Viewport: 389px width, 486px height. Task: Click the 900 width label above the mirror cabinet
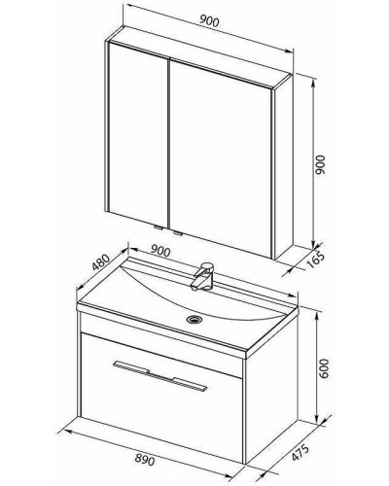[x=209, y=21]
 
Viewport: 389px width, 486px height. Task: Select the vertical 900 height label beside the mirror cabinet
[x=320, y=165]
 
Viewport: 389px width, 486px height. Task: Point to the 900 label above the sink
[x=160, y=251]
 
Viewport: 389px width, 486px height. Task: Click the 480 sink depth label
[x=100, y=261]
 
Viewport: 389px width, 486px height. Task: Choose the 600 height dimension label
[x=324, y=368]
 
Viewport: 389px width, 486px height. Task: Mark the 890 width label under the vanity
[x=145, y=459]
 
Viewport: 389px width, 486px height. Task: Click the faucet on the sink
[x=202, y=276]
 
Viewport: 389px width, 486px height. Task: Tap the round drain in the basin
[x=194, y=319]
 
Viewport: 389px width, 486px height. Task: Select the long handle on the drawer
[x=159, y=374]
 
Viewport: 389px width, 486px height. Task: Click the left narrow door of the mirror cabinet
[x=138, y=133]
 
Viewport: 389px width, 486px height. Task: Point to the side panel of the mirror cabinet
[x=283, y=166]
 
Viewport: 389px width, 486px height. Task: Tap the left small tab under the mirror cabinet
[x=159, y=227]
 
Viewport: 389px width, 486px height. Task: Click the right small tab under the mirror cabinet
[x=178, y=232]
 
